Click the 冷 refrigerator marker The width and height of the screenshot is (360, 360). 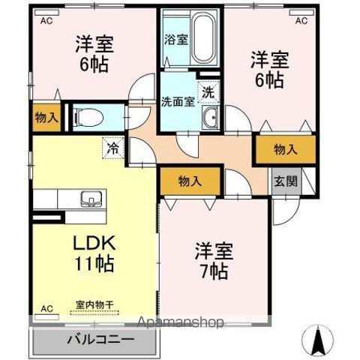pyautogui.click(x=112, y=148)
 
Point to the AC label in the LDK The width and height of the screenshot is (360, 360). pyautogui.click(x=46, y=308)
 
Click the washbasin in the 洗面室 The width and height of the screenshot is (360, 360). pyautogui.click(x=212, y=116)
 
